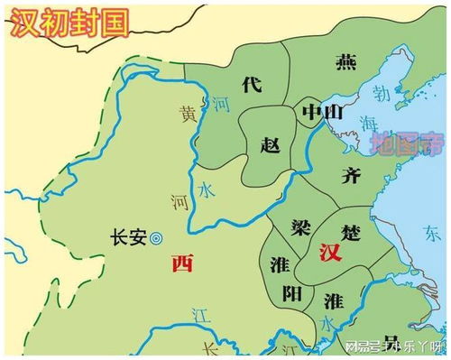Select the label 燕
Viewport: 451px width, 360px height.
[x=345, y=61]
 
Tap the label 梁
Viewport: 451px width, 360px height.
[x=300, y=225]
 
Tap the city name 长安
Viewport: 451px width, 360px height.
[x=126, y=238]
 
